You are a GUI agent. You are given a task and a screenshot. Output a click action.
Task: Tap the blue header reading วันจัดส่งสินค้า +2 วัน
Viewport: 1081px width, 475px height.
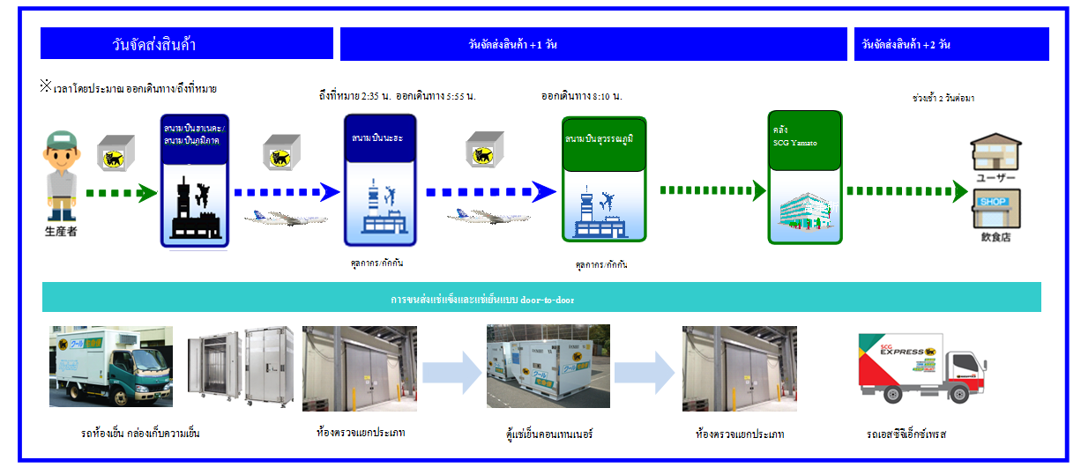click(x=951, y=44)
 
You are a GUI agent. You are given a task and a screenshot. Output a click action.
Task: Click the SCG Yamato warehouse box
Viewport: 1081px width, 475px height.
click(x=805, y=176)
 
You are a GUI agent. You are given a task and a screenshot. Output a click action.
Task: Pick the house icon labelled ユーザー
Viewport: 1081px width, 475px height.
click(x=995, y=152)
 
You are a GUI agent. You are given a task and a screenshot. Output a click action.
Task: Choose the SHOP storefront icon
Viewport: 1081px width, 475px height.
click(x=995, y=212)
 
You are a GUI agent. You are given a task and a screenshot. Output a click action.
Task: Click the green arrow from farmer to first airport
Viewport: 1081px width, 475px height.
click(x=121, y=192)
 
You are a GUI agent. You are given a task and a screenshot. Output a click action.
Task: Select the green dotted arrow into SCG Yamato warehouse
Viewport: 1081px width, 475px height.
click(x=712, y=189)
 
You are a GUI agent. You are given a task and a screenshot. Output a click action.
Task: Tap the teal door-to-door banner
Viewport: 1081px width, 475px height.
click(x=541, y=298)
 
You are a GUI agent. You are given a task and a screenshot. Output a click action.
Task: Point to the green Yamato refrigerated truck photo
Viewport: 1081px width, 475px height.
click(x=111, y=366)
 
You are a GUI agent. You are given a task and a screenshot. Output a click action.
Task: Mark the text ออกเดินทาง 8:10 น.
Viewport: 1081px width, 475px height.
click(x=581, y=96)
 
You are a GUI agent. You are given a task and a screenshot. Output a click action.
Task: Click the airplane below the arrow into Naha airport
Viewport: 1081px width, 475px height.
click(x=285, y=217)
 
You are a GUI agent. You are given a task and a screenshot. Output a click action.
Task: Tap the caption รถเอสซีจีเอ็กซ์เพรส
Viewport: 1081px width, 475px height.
click(x=906, y=434)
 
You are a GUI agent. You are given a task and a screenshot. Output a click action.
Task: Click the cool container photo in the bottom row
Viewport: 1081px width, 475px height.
click(x=548, y=367)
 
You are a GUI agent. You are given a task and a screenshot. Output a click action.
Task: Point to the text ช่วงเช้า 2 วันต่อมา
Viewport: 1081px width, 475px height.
click(x=943, y=98)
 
